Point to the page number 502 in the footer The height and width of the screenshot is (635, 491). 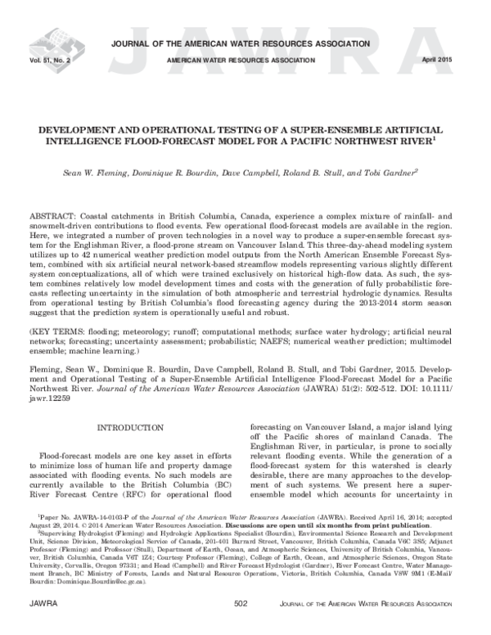[241, 626]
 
